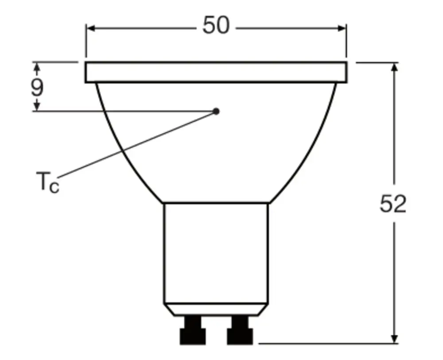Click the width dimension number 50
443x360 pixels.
click(216, 26)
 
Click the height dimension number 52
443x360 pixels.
click(393, 205)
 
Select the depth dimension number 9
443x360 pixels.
click(37, 87)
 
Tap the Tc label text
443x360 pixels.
click(47, 182)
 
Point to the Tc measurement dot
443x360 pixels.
click(216, 111)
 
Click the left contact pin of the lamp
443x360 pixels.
click(193, 330)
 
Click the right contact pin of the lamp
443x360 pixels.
click(240, 330)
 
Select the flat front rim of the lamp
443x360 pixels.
click(216, 73)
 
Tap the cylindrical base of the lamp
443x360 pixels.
click(216, 252)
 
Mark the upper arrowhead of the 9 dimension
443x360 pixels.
click(37, 67)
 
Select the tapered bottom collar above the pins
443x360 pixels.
click(216, 309)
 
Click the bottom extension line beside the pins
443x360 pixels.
click(323, 343)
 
